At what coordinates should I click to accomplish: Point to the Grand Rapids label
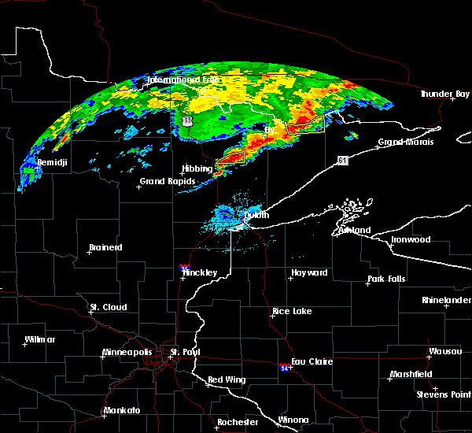tap(164, 181)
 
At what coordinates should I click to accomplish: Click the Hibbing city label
tap(197, 168)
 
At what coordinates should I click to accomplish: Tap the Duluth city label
tap(256, 215)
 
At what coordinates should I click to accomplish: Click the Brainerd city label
tap(105, 247)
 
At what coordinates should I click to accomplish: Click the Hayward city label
tap(309, 272)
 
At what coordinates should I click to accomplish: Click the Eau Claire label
tap(312, 361)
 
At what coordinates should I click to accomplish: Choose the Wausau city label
tap(444, 351)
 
